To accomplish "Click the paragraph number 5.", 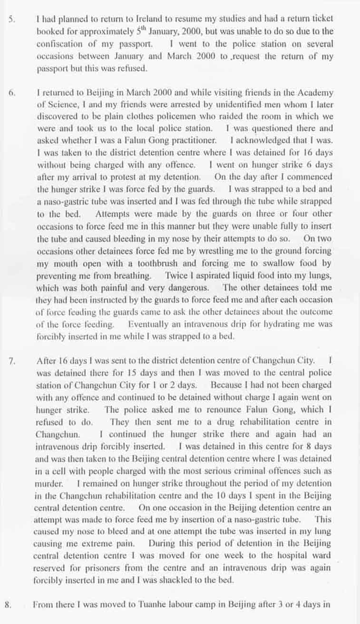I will pos(10,20).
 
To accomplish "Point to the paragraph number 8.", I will pos(8,605).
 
